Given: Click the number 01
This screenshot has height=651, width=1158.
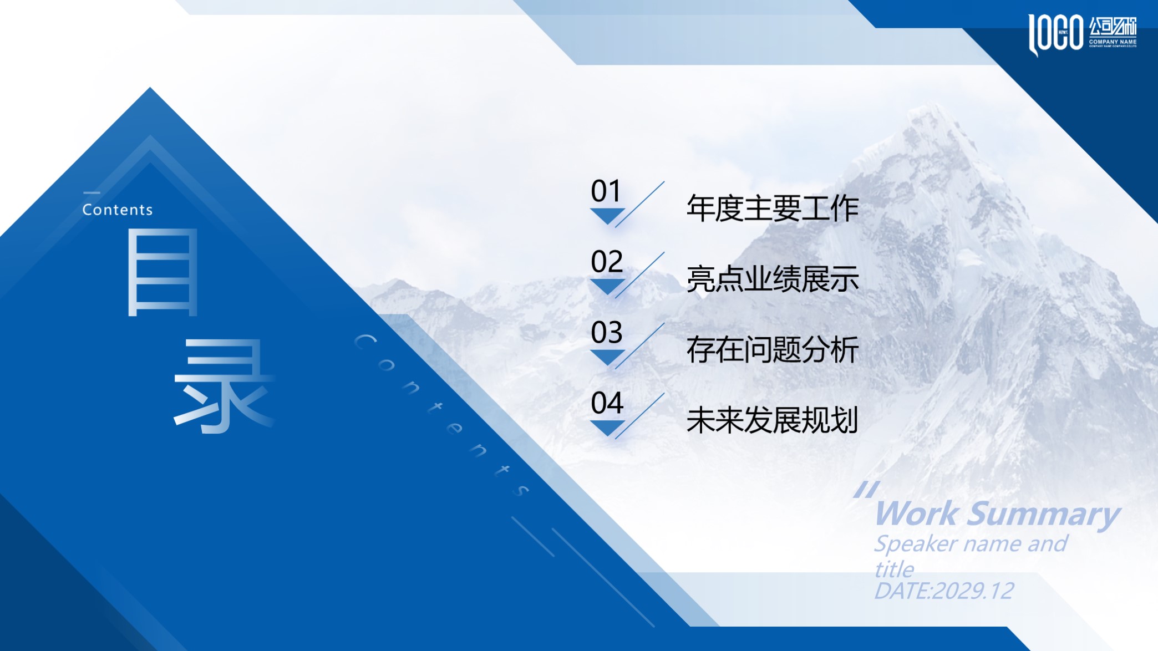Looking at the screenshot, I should coord(606,191).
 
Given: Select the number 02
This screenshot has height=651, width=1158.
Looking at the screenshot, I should coord(607,262).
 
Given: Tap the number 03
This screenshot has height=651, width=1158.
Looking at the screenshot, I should coord(607,333).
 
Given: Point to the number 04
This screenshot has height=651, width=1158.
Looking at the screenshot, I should coord(607,403).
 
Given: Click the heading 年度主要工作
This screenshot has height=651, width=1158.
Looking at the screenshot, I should coord(772,208).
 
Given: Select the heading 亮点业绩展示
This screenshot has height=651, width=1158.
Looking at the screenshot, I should coord(772,279).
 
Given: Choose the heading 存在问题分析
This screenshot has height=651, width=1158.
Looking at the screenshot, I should coord(772,350).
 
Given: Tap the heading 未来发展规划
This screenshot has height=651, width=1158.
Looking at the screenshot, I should coord(772,420).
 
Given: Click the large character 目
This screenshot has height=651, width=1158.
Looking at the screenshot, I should coord(162,272).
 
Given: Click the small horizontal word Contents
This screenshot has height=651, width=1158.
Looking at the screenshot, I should coord(118,210).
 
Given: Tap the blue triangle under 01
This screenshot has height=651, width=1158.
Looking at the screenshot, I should coord(607,215).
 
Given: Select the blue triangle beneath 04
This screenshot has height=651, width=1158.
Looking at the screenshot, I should coord(607,427).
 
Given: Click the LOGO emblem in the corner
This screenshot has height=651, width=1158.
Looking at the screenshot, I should coord(1056,34).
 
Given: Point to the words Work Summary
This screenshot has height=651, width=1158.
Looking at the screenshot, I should coord(997,514).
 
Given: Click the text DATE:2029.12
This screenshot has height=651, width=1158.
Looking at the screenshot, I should coord(944,591).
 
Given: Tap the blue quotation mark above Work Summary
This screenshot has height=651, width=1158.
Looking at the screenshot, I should coord(866,490).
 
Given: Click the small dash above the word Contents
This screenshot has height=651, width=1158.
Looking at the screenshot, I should coord(92,193).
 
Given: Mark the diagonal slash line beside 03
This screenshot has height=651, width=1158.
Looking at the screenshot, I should coord(639,345).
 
